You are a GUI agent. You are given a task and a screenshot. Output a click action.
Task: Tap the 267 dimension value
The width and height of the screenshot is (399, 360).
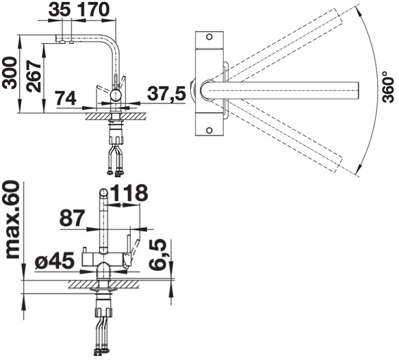point(34,77)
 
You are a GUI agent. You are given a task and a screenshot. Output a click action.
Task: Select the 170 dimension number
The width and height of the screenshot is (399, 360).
point(93,10)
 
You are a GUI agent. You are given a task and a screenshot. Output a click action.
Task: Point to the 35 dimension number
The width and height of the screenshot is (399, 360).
point(60,10)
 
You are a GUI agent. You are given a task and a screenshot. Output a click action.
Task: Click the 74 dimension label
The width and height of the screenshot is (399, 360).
point(66,98)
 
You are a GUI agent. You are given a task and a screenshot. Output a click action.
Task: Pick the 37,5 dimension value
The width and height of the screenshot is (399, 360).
point(166,93)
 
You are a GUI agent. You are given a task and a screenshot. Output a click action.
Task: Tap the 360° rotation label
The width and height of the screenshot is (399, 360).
point(388,88)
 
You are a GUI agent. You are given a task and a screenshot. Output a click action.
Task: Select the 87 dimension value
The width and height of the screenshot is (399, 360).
point(72,218)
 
